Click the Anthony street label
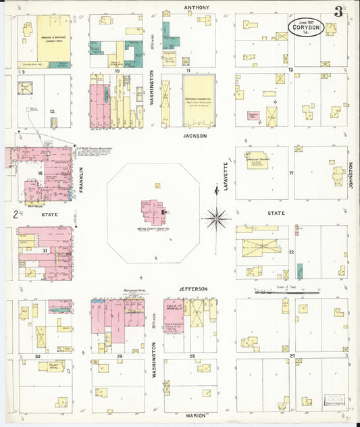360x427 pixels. pyautogui.click(x=197, y=7)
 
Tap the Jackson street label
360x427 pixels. pyautogui.click(x=195, y=135)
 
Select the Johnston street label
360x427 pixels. pyautogui.click(x=352, y=175)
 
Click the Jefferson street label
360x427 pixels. pyautogui.click(x=193, y=288)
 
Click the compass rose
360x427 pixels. pyautogui.click(x=217, y=218)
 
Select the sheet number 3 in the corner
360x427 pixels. pyautogui.click(x=337, y=11)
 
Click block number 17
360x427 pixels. pyautogui.click(x=291, y=173)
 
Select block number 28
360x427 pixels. pyautogui.click(x=192, y=355)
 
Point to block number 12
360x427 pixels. pyautogui.click(x=290, y=70)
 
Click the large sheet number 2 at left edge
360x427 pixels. pyautogui.click(x=15, y=215)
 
